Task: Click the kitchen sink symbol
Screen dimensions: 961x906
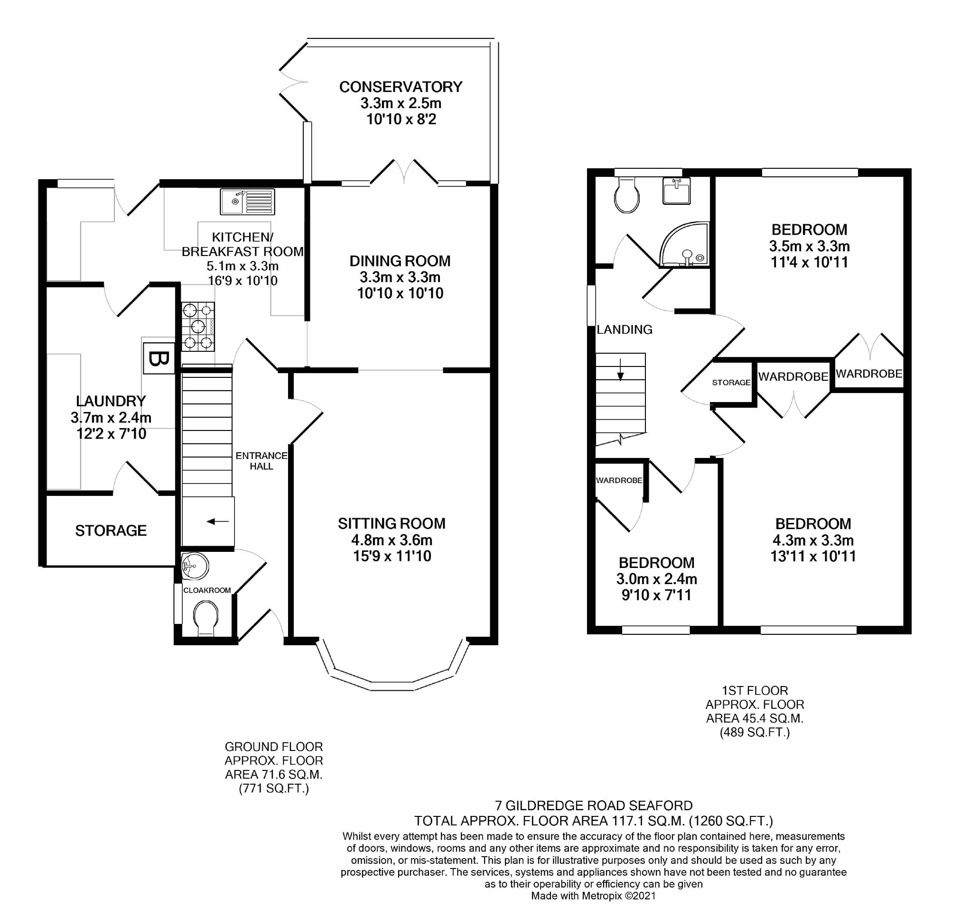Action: [248, 201]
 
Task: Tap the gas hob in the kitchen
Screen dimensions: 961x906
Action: [198, 326]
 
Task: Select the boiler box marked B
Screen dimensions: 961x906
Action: [159, 358]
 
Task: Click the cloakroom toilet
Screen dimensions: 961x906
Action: [205, 618]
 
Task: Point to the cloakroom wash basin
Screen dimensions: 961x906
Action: [196, 566]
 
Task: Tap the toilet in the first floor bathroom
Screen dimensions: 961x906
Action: [626, 194]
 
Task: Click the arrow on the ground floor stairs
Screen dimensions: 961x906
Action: [218, 521]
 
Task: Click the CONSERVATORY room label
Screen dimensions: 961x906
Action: [401, 87]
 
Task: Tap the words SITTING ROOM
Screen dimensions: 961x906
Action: [392, 523]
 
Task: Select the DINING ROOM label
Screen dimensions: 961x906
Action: [400, 261]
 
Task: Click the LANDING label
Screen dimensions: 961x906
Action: [625, 329]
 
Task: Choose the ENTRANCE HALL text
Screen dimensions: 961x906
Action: [261, 461]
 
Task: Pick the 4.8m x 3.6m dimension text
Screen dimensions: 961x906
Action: [392, 540]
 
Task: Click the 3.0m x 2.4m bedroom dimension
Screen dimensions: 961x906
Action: [656, 578]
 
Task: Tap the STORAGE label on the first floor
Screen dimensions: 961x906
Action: [731, 383]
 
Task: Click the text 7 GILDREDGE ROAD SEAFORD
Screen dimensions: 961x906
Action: [594, 805]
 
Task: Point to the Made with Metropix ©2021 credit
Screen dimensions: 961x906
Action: [594, 896]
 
